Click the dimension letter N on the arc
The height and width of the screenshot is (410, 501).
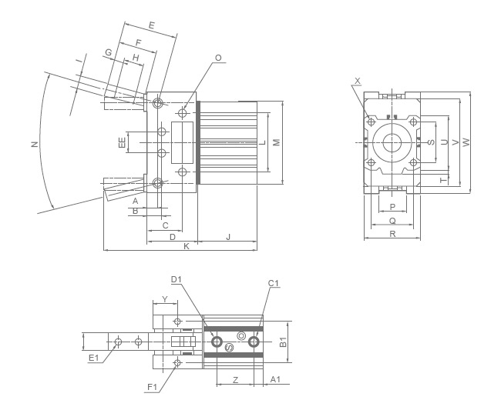[35, 145]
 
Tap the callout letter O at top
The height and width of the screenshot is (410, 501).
[218, 58]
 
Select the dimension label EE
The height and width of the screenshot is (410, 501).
[122, 142]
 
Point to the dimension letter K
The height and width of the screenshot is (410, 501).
[186, 245]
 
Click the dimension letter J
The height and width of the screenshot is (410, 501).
[228, 237]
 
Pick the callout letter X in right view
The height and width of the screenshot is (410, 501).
[358, 80]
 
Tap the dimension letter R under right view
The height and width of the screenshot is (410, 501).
[392, 234]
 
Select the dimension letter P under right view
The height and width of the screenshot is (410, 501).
[392, 207]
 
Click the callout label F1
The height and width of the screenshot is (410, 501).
[152, 387]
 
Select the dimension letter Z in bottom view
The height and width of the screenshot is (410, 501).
[235, 379]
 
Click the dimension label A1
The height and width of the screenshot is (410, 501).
[275, 379]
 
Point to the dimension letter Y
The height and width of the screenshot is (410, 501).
[164, 299]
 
